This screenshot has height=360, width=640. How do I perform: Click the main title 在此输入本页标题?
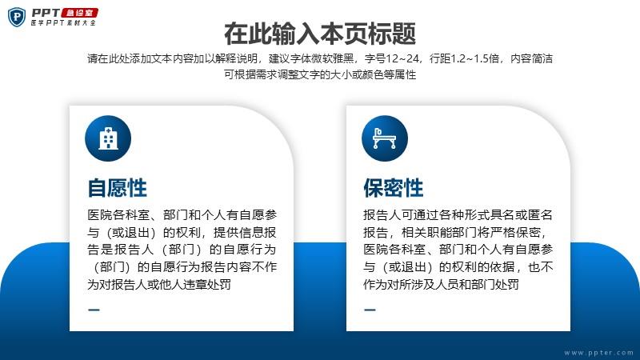pyautogui.click(x=320, y=34)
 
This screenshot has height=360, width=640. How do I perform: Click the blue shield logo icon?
pyautogui.click(x=16, y=17)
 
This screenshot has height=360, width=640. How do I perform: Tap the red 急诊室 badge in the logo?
pyautogui.click(x=79, y=13)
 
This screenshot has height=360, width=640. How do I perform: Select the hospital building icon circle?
pyautogui.click(x=108, y=138)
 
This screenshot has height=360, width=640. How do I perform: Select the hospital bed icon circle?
pyautogui.click(x=385, y=138)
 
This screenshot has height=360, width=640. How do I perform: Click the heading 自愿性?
pyautogui.click(x=117, y=188)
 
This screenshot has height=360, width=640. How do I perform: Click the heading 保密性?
pyautogui.click(x=394, y=188)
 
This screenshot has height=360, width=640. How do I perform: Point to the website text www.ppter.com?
pyautogui.click(x=598, y=352)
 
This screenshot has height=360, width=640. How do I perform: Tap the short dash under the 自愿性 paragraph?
pyautogui.click(x=94, y=310)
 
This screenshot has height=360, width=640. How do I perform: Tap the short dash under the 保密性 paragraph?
pyautogui.click(x=370, y=310)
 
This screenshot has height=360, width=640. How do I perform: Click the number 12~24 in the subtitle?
pyautogui.click(x=402, y=58)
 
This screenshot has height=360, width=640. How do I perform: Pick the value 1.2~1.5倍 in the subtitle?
pyautogui.click(x=474, y=58)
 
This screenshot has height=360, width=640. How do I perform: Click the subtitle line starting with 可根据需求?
pyautogui.click(x=320, y=74)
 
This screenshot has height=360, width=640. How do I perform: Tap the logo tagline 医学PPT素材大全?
pyautogui.click(x=63, y=23)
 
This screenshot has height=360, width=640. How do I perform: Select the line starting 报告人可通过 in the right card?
pyautogui.click(x=458, y=214)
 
